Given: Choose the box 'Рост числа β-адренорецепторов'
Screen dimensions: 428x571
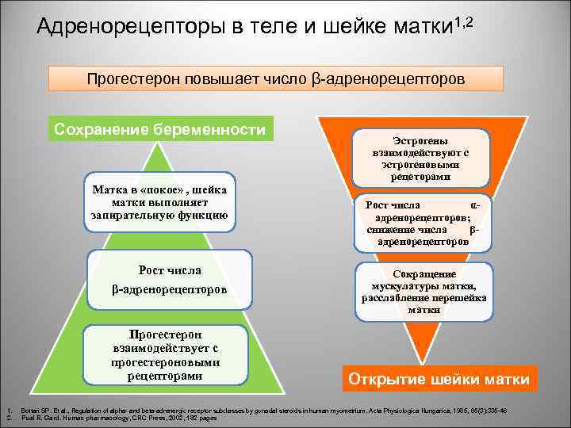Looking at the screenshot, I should pyautogui.click(x=170, y=280).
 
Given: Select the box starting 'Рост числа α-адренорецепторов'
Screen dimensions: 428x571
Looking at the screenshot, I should pyautogui.click(x=423, y=223).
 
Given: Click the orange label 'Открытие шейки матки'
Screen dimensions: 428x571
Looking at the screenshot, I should pyautogui.click(x=439, y=380).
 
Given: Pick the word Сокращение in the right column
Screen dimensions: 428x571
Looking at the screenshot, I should pyautogui.click(x=424, y=273).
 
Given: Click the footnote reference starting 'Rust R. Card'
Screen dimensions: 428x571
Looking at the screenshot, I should pyautogui.click(x=119, y=418).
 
